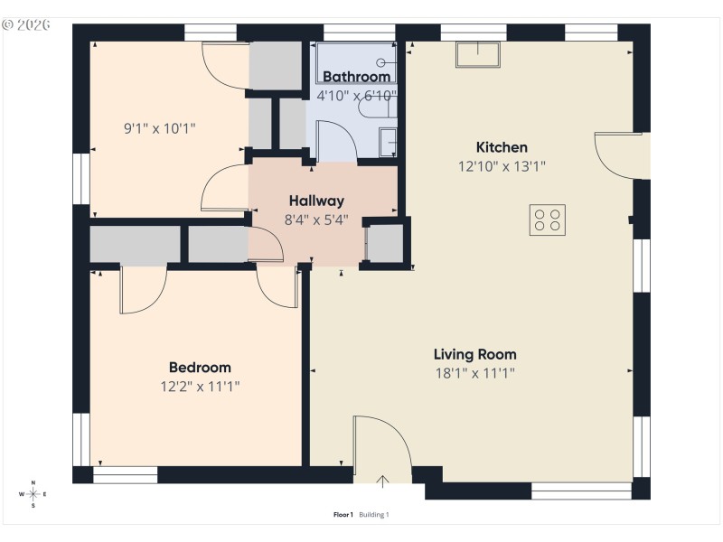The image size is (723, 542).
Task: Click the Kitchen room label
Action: [x=502, y=147]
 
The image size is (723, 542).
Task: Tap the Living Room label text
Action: [x=474, y=354]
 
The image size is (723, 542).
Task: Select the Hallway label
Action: [x=315, y=201]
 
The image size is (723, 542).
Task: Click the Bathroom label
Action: [x=356, y=77]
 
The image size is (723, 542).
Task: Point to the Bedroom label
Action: [x=200, y=368]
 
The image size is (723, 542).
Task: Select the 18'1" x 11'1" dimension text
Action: [x=474, y=372]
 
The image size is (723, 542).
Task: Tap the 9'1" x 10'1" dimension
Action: [x=159, y=128]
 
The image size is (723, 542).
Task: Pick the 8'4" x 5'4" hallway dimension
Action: [x=315, y=219]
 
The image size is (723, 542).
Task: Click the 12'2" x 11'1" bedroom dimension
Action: [x=200, y=386]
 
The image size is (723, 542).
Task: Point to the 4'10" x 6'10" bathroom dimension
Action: [x=356, y=95]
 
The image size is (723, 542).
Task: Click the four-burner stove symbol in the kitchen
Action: [x=547, y=220]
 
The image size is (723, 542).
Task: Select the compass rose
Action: [x=33, y=494]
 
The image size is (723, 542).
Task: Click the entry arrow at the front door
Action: [x=382, y=481]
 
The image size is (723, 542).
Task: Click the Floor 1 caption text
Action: [x=343, y=515]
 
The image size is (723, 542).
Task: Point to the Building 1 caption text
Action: [x=374, y=515]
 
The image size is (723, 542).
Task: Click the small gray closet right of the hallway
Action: [x=385, y=243]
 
